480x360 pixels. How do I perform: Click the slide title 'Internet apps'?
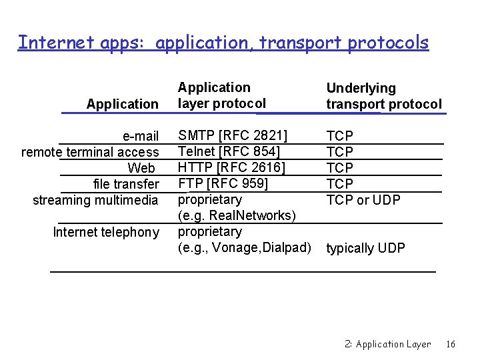(x=223, y=43)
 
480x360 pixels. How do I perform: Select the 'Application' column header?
(x=122, y=104)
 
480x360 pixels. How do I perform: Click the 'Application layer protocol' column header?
(x=221, y=95)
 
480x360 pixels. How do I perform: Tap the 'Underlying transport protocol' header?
(x=383, y=96)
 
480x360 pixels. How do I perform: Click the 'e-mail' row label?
(x=141, y=137)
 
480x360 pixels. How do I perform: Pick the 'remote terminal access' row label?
(x=90, y=152)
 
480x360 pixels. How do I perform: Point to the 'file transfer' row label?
(x=126, y=184)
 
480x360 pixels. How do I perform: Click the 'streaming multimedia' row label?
(x=95, y=200)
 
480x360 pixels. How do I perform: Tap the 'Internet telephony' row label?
(x=106, y=232)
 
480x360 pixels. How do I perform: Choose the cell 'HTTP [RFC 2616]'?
(x=231, y=167)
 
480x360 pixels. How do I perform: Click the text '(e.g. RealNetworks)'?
(x=236, y=215)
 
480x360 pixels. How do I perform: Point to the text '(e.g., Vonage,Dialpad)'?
(x=245, y=247)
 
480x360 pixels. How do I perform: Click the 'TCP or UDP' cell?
(x=363, y=199)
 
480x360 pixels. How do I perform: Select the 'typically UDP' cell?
(x=365, y=248)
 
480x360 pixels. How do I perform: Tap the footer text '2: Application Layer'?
(x=388, y=344)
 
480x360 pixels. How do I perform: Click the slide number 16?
(x=451, y=344)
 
